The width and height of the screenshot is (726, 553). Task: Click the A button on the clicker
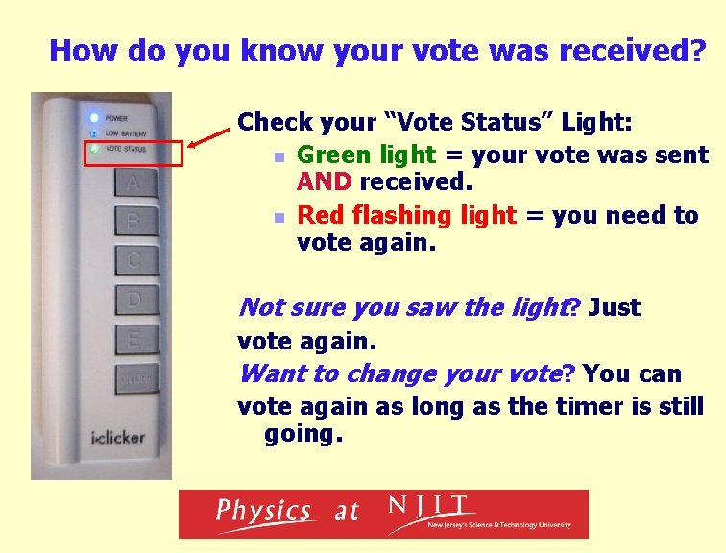pos(133,182)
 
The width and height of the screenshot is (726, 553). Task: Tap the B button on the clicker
pos(133,222)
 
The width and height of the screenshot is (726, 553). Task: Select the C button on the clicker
pos(133,260)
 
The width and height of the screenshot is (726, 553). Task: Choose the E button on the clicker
pos(133,338)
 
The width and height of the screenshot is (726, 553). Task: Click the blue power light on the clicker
pos(93,118)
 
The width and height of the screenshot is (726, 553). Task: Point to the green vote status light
pos(93,149)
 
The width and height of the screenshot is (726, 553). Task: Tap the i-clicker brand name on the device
pos(118,438)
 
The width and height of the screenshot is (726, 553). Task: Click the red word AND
pos(327,182)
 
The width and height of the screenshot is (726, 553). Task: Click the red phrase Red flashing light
pos(406,215)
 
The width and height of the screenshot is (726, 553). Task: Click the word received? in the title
pos(627,50)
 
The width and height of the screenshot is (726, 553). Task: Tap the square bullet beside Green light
pos(278,156)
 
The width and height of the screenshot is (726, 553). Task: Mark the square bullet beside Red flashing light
pos(278,217)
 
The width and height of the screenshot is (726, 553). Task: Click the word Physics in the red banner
pos(263,512)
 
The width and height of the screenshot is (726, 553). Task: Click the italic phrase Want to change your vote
pos(399,373)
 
